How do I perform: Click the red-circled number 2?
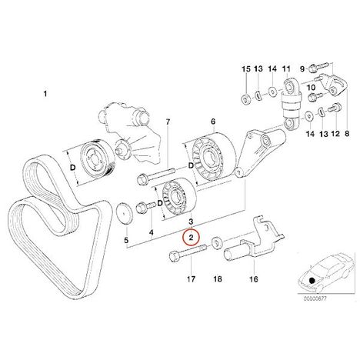pyautogui.click(x=191, y=238)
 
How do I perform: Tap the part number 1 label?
pyautogui.click(x=45, y=94)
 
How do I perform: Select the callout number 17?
pyautogui.click(x=191, y=279)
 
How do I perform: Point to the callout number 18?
pyautogui.click(x=218, y=279)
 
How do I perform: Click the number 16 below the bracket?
pyautogui.click(x=254, y=279)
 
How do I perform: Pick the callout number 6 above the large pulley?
pyautogui.click(x=213, y=122)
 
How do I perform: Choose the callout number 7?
pyautogui.click(x=168, y=122)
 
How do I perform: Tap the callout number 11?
pyautogui.click(x=286, y=68)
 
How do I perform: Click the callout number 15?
pyautogui.click(x=246, y=68)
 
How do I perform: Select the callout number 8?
pyautogui.click(x=347, y=134)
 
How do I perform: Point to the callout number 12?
pyautogui.click(x=335, y=134)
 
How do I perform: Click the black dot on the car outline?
pyautogui.click(x=312, y=280)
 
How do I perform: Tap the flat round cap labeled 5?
pyautogui.click(x=125, y=212)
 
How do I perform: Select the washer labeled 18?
pyautogui.click(x=217, y=242)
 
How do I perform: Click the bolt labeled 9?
pyautogui.click(x=318, y=67)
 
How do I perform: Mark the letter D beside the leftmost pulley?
pyautogui.click(x=73, y=168)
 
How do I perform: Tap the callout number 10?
pyautogui.click(x=311, y=88)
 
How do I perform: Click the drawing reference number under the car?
pyautogui.click(x=315, y=298)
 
